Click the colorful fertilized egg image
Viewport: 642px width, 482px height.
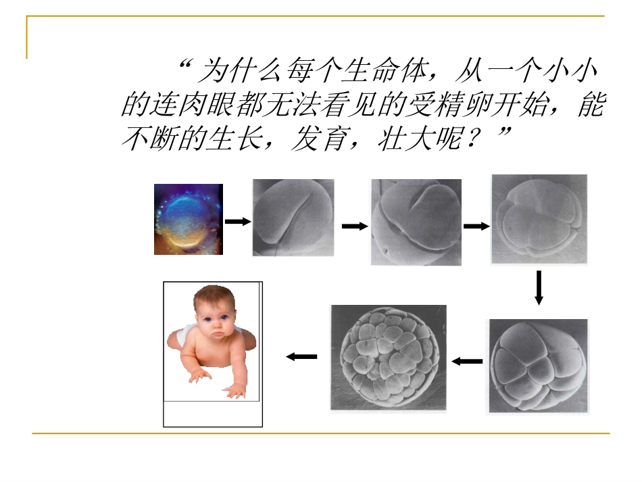coord(188,219)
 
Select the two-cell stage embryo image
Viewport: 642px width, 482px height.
coord(293,217)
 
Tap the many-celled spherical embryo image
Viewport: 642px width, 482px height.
coord(389,358)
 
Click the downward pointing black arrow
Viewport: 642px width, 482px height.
coord(539,287)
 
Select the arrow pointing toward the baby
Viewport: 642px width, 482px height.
coord(301,356)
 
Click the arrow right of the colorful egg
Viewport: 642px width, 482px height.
coord(237,220)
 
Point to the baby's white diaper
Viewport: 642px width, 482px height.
coord(182,334)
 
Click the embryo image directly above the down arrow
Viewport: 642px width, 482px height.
coord(539,220)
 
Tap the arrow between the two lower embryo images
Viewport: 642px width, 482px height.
coord(467,362)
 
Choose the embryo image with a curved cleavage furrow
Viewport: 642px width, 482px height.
coord(416,222)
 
